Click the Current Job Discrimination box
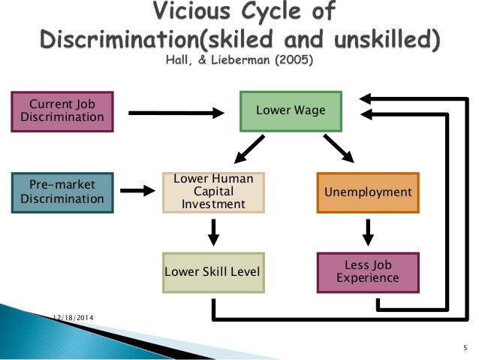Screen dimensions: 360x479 [x=62, y=110]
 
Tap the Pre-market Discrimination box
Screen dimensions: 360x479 [x=62, y=192]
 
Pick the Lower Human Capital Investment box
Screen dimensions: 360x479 [x=214, y=192]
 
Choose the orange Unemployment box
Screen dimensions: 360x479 [x=368, y=192]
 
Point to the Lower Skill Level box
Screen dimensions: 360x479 [x=213, y=271]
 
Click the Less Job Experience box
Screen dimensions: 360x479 [x=368, y=271]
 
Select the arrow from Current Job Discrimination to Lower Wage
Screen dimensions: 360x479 [x=177, y=113]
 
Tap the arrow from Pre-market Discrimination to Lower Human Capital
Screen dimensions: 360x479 [x=137, y=191]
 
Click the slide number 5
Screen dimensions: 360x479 [x=465, y=348]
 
